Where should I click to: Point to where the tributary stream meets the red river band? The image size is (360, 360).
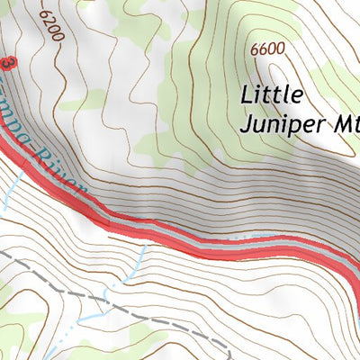pos(144,236)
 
